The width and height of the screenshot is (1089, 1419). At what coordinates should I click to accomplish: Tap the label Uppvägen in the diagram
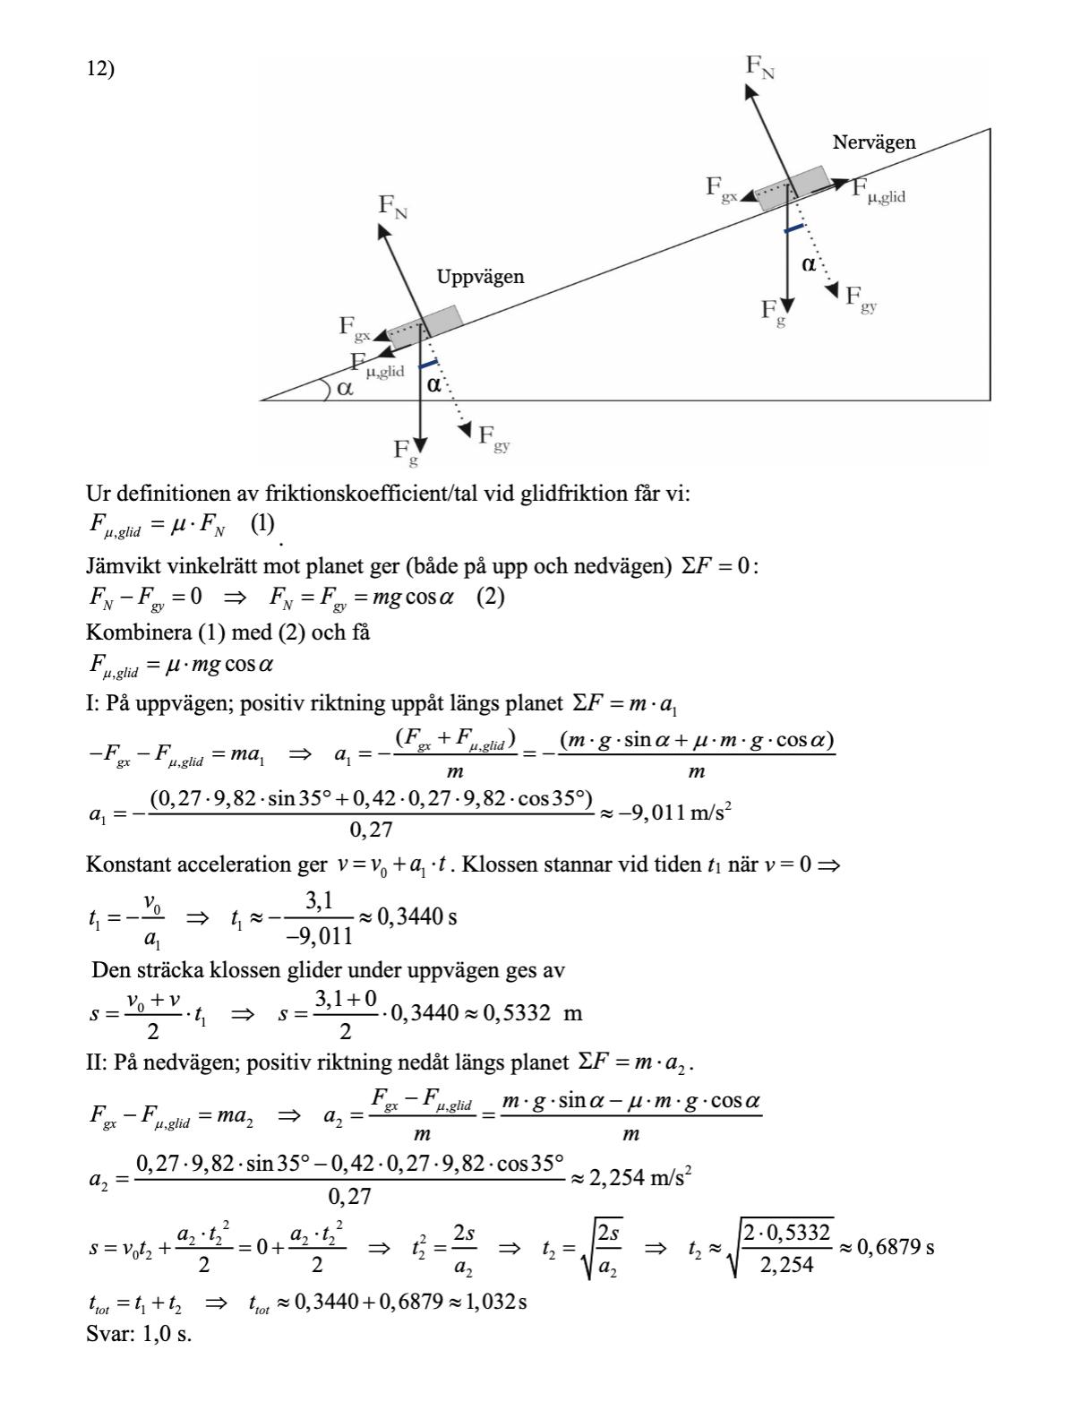click(x=480, y=277)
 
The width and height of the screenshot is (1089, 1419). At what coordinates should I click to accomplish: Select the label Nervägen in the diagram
click(x=873, y=142)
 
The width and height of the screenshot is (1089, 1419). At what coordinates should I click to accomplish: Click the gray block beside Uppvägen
click(x=424, y=326)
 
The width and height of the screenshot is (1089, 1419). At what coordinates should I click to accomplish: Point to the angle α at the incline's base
click(x=344, y=389)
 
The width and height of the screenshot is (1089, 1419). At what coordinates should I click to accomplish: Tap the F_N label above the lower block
click(x=392, y=206)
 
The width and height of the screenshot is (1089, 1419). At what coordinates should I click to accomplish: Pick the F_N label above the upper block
click(x=759, y=67)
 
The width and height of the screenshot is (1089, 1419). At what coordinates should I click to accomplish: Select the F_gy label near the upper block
click(x=861, y=297)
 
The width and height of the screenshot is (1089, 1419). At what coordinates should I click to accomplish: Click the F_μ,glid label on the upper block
click(x=878, y=190)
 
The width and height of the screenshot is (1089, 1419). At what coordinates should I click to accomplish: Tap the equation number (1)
click(x=262, y=525)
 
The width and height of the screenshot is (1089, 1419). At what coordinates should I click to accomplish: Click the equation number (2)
click(x=490, y=597)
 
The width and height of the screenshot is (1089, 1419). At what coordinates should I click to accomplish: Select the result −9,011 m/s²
click(x=680, y=813)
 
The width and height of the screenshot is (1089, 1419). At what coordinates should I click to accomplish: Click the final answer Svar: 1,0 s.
click(x=138, y=1333)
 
